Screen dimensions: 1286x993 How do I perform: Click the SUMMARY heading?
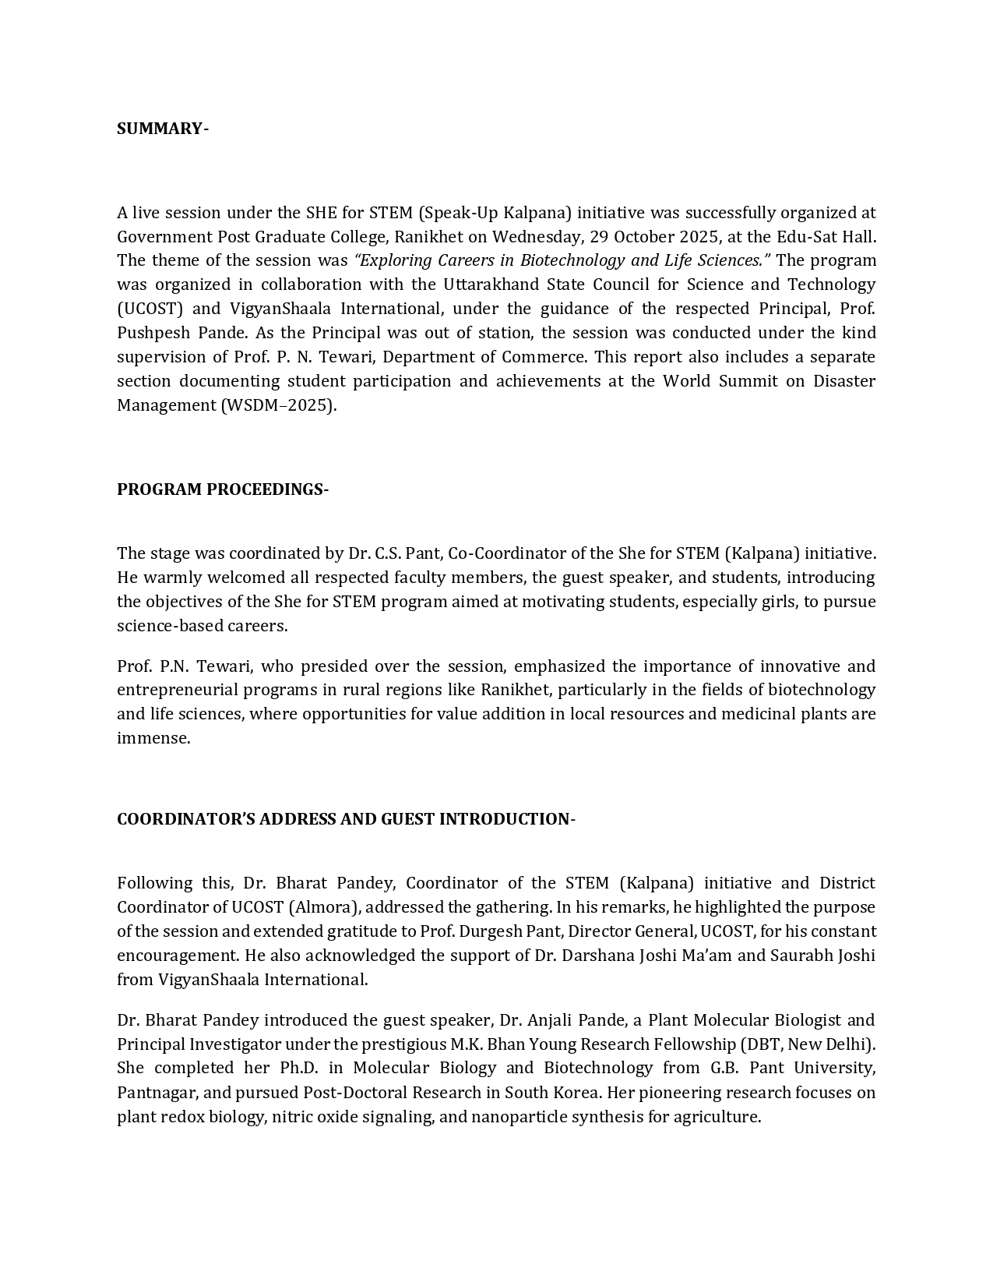(162, 129)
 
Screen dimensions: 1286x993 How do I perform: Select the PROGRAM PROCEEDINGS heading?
(223, 489)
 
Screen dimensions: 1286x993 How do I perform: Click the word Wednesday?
(538, 236)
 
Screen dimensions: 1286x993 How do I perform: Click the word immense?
(153, 738)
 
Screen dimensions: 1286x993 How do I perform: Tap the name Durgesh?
(491, 931)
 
